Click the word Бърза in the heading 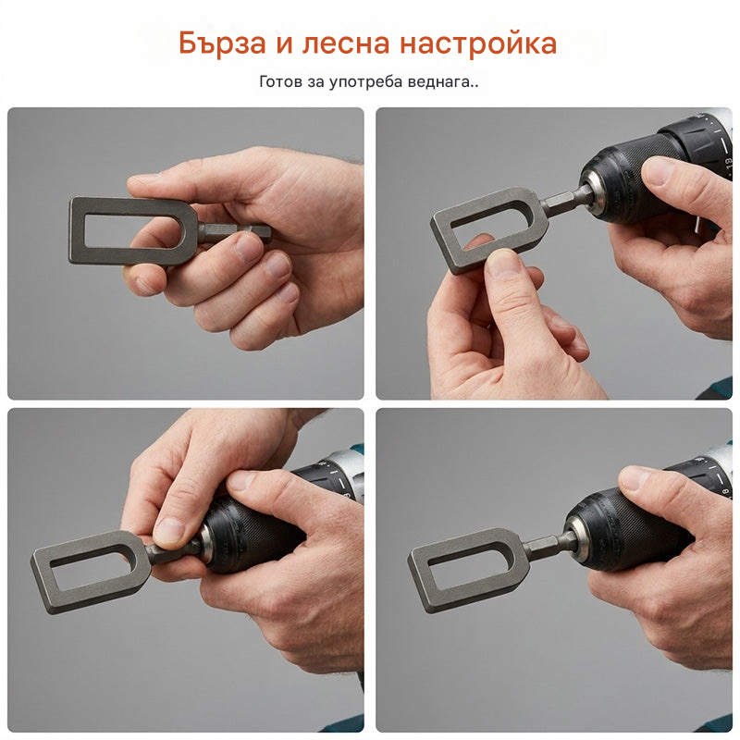point(222,43)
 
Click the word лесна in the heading point(346,43)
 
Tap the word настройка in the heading point(478,43)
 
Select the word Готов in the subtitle point(281,81)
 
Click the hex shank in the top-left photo point(235,232)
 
